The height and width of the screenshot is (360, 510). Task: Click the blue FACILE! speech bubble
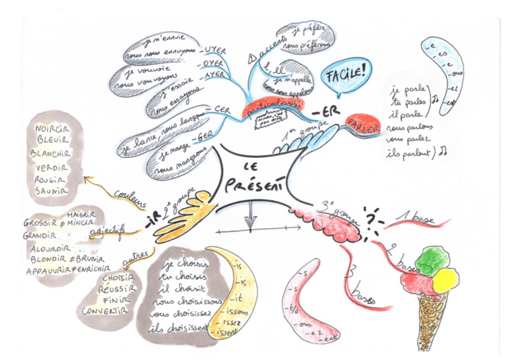point(345,76)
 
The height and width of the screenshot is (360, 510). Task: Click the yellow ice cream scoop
point(446,278)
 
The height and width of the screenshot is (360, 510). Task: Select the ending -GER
point(203,140)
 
